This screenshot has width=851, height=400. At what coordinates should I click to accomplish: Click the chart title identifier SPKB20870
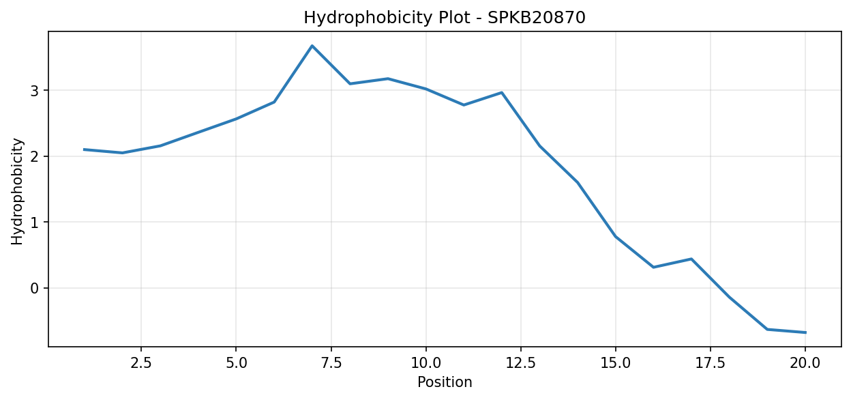coord(537,18)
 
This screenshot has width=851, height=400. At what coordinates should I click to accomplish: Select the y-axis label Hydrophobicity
coord(17,192)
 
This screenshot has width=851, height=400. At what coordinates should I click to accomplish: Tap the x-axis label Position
coord(445,382)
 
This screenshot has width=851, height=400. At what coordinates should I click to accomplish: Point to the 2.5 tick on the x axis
coord(141,363)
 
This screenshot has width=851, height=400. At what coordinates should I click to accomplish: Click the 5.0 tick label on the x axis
coord(236,363)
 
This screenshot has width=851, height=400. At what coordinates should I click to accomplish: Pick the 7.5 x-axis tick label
coord(331,363)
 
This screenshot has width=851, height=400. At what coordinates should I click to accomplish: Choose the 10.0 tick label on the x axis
coord(426,363)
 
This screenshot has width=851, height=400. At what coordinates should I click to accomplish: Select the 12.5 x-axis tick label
coord(520,363)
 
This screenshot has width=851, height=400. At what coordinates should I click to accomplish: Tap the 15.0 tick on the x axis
coord(616,363)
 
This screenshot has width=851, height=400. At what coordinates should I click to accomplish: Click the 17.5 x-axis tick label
coord(711,363)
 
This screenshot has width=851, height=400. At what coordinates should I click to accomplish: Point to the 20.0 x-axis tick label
coord(805,363)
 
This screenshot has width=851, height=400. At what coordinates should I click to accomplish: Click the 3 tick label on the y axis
coord(35,91)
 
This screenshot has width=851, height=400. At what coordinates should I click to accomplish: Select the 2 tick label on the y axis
coord(35,156)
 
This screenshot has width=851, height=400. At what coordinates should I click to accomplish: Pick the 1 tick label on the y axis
coord(35,222)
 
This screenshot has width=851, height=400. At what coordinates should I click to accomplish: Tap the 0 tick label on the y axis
coord(35,288)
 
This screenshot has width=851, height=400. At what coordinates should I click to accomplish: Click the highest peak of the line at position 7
coord(312,46)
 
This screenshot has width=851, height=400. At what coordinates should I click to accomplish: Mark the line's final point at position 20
coord(805,332)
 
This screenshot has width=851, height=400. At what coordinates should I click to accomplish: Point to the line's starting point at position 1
coord(84,149)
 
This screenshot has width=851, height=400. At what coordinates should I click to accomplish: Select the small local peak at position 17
coord(691,259)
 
